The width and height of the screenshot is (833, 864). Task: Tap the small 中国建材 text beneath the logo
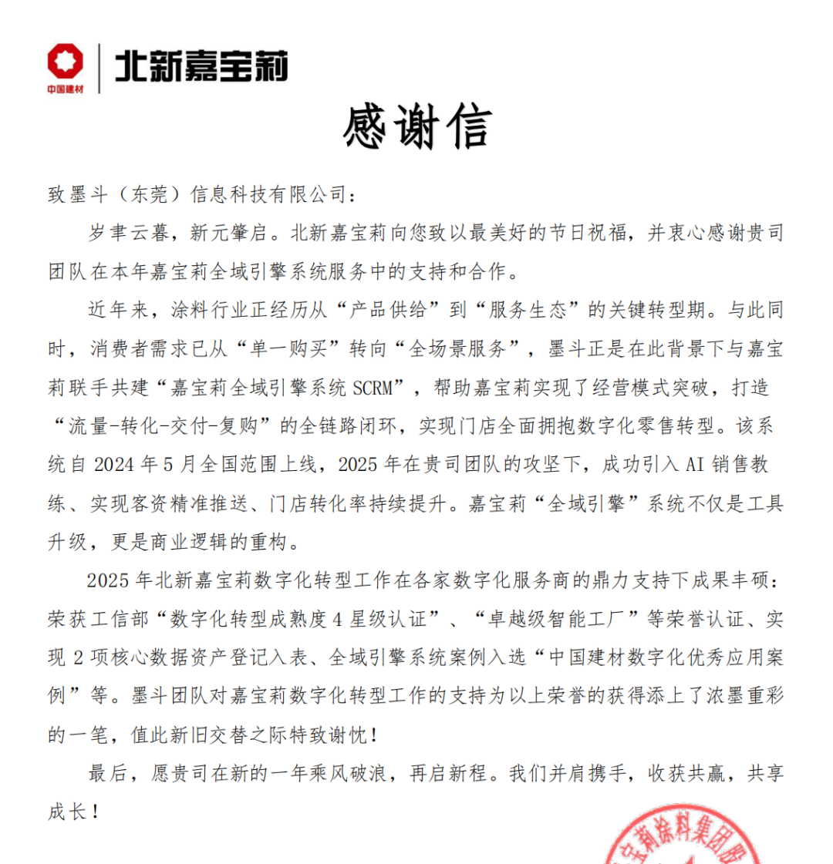click(65, 89)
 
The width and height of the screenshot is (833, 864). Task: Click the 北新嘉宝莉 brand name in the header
click(201, 65)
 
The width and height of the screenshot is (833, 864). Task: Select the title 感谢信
click(416, 129)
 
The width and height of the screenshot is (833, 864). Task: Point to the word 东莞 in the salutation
click(147, 195)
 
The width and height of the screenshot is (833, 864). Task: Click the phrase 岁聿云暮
click(126, 234)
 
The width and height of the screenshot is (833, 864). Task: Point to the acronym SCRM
click(376, 388)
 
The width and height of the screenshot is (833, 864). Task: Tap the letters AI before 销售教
click(691, 466)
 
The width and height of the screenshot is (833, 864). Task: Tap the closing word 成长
click(67, 812)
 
